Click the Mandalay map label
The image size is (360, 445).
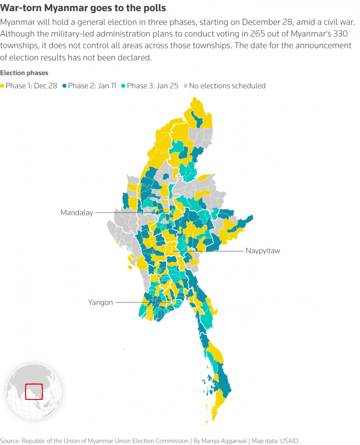click(77, 212)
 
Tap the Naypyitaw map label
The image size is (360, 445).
click(262, 251)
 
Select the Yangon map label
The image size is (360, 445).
click(100, 302)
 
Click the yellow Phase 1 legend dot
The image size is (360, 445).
click(3, 86)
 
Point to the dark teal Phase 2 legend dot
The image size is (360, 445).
click(65, 86)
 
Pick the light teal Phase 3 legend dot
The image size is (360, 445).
click(124, 86)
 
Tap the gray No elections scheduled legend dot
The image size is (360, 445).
click(186, 86)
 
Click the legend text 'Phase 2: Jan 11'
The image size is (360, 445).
click(92, 86)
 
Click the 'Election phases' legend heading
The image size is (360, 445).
click(24, 73)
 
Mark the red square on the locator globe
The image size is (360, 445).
click(34, 391)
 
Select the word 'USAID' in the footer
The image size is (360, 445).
click(286, 441)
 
